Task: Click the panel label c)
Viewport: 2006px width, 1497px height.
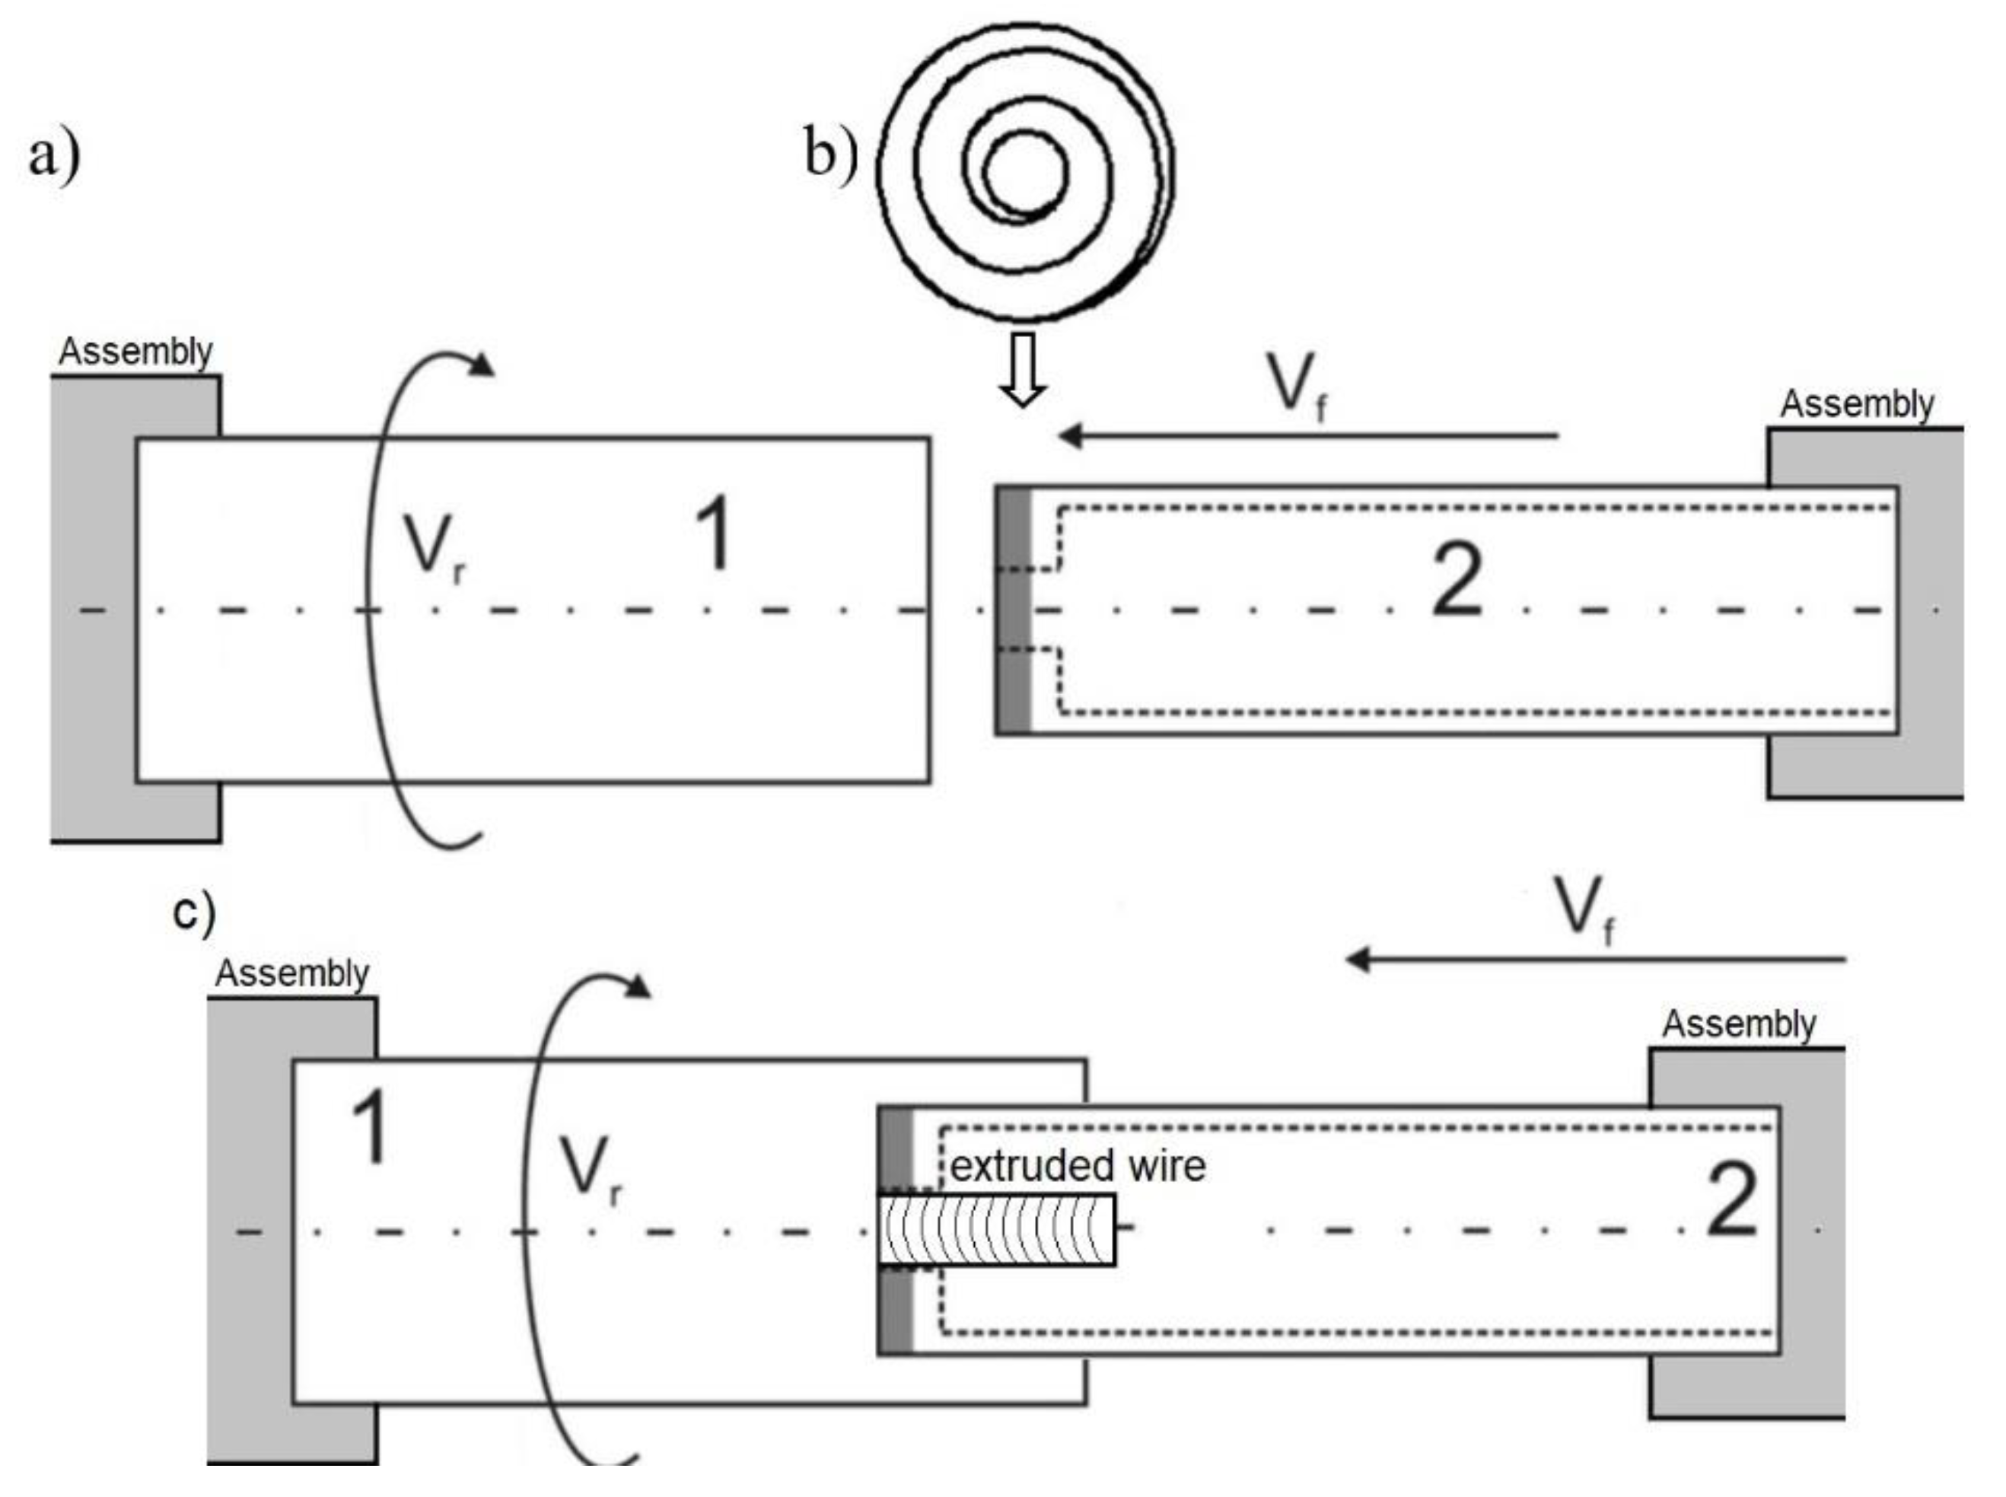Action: [x=194, y=911]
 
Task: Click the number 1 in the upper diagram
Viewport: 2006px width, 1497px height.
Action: [x=714, y=534]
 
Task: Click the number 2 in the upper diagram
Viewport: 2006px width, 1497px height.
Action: [x=1456, y=580]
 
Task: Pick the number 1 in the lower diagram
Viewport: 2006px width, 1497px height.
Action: [x=370, y=1127]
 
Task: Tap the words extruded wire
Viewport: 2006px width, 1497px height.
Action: [x=1078, y=1166]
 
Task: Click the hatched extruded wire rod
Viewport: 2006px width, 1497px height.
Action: [x=997, y=1230]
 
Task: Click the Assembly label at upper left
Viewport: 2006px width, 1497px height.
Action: [x=136, y=352]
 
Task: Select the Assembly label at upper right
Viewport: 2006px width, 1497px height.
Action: [x=1857, y=404]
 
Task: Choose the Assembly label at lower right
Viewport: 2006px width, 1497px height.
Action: [x=1738, y=1024]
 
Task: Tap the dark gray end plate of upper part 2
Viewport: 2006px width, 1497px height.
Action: [x=1014, y=610]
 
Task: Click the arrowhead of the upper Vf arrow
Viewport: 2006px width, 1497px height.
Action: [x=1071, y=436]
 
